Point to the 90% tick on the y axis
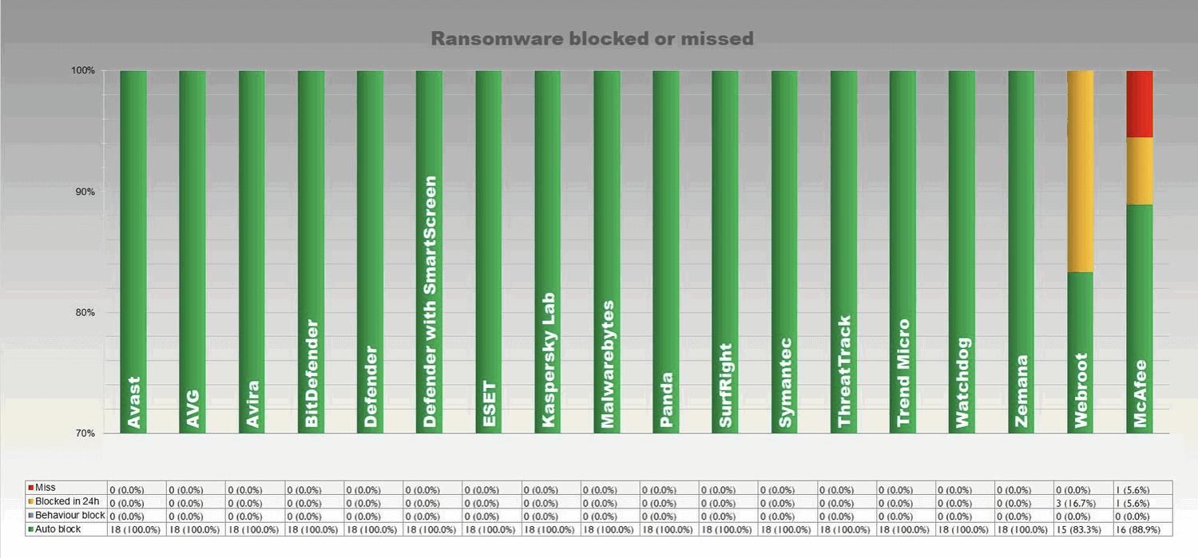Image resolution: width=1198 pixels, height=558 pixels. tap(85, 192)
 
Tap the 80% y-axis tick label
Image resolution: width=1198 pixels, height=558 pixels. tap(85, 313)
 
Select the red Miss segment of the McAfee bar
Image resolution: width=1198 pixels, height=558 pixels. tap(1140, 104)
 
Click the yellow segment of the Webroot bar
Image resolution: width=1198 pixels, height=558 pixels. tap(1081, 172)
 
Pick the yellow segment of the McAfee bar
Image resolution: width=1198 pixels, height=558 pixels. tap(1140, 171)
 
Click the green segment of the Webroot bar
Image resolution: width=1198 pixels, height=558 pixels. tap(1081, 351)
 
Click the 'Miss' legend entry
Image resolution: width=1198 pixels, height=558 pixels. tap(46, 488)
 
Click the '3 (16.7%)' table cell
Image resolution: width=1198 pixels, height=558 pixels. tap(1081, 502)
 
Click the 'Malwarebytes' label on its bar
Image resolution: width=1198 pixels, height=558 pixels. tap(608, 364)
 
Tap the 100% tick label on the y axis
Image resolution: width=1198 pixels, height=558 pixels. tap(84, 70)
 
